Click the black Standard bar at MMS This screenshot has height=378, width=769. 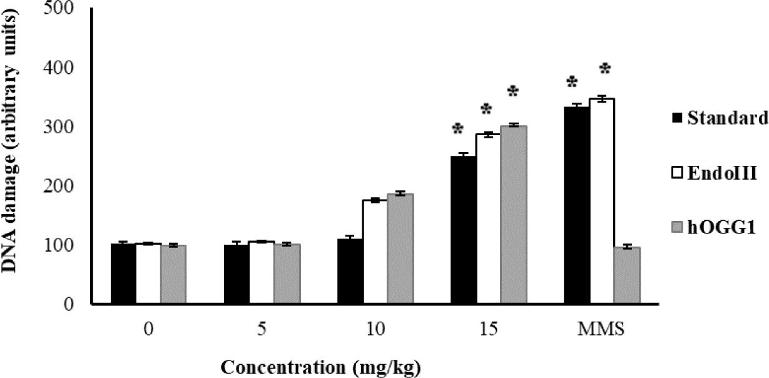576,206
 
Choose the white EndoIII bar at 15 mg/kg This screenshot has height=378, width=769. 488,219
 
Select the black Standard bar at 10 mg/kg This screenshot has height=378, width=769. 350,272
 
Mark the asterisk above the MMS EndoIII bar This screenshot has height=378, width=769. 604,69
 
